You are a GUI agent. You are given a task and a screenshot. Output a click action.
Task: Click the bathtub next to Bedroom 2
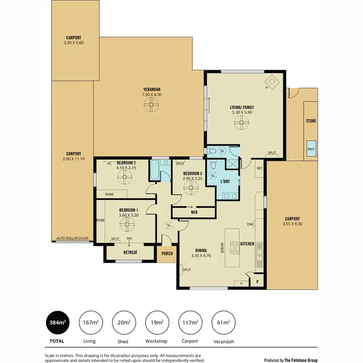click(x=154, y=170)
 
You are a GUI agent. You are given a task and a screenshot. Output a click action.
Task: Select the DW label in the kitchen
click(x=250, y=225)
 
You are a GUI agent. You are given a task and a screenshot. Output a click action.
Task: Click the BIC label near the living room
click(x=259, y=168)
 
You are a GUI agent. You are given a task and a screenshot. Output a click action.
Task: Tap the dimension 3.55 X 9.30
click(x=292, y=224)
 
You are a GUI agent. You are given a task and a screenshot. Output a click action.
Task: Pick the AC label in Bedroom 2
click(x=110, y=163)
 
